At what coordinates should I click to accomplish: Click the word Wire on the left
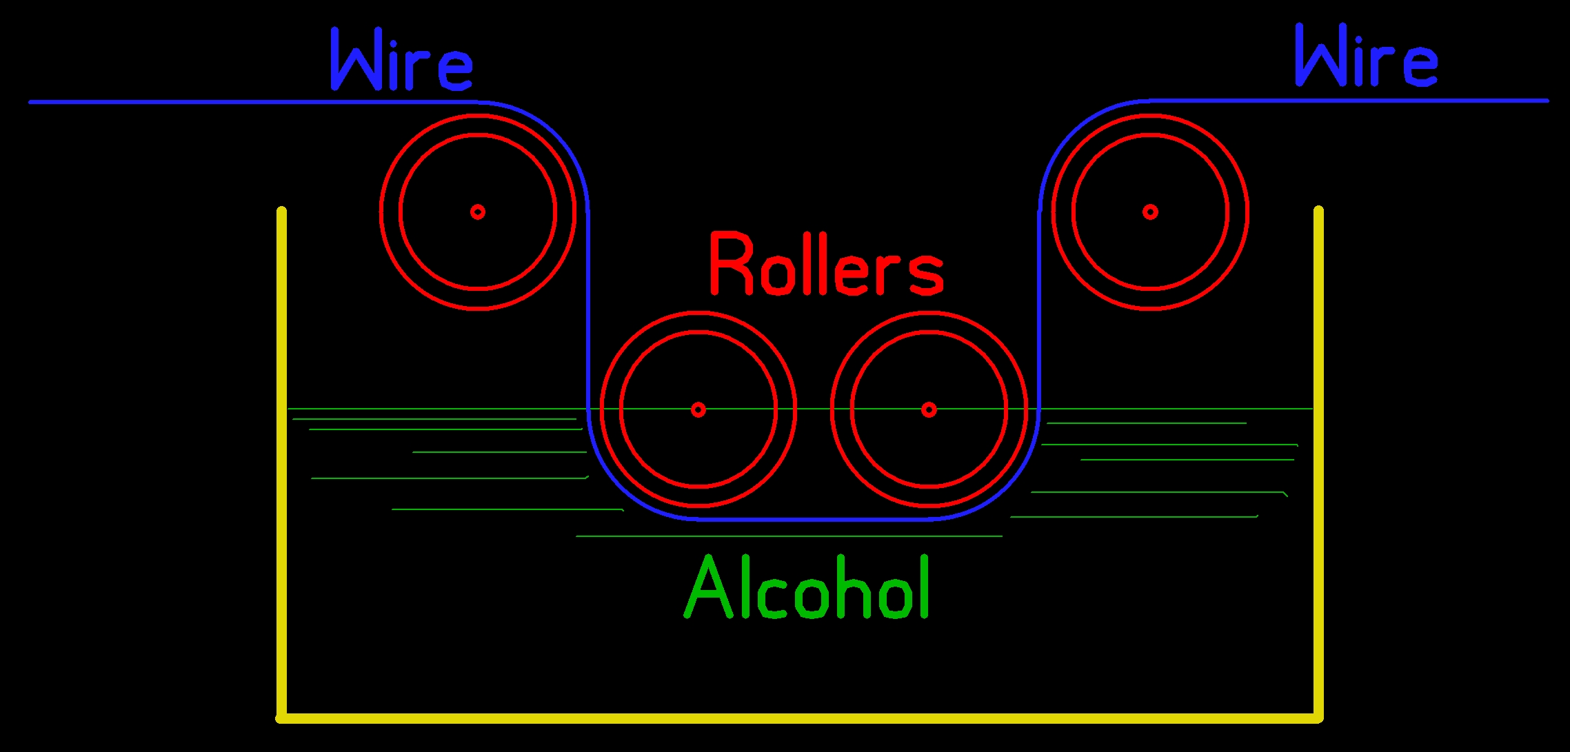[x=402, y=61]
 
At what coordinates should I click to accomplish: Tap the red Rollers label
[x=826, y=265]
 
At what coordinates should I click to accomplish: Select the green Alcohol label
[x=807, y=588]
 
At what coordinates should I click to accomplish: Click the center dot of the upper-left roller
[x=478, y=212]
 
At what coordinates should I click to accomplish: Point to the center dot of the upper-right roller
[x=1150, y=212]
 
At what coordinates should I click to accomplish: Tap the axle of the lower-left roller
[x=698, y=409]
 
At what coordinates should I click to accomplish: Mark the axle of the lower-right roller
[x=929, y=409]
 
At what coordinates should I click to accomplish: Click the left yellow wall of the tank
[x=281, y=462]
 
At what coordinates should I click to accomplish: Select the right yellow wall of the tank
[x=1318, y=462]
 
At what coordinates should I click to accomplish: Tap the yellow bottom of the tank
[x=800, y=718]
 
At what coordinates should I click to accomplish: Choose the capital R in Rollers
[x=731, y=265]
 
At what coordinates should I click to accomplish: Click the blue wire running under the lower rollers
[x=814, y=519]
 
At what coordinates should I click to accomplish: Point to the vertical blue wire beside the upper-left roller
[x=588, y=310]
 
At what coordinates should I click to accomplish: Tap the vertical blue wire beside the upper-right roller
[x=1039, y=310]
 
